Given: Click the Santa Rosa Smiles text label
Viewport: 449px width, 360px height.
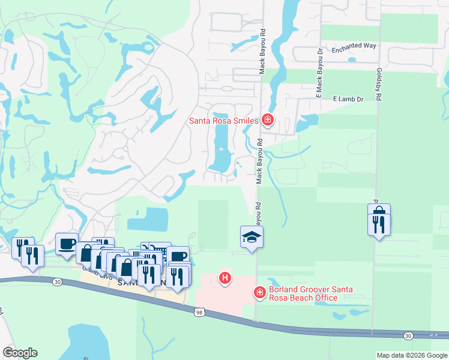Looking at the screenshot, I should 223,121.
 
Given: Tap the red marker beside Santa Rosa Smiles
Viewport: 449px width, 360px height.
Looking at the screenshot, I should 268,121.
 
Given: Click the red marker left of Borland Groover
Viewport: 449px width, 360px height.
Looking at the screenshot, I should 259,292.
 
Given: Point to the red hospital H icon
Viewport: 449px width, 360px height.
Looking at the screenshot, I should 225,278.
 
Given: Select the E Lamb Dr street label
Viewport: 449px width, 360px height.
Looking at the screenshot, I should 348,99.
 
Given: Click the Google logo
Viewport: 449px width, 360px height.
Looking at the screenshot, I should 20,353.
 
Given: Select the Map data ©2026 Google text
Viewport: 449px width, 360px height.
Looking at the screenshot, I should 412,355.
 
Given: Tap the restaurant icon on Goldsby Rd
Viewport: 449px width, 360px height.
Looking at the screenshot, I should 379,225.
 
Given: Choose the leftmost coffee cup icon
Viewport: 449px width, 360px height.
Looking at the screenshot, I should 67,244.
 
